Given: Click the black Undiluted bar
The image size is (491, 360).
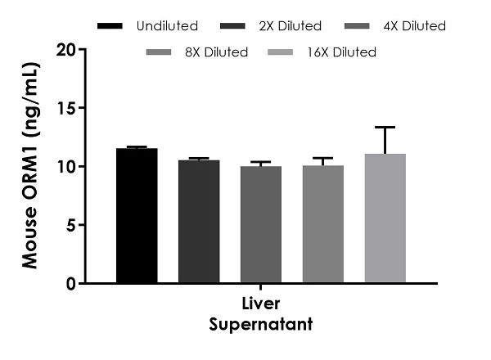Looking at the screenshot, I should [x=137, y=216].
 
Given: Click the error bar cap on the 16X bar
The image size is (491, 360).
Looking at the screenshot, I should [x=385, y=127].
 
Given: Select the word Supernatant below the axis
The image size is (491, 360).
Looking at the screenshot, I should [x=261, y=325].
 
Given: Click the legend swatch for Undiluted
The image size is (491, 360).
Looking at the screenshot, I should [x=110, y=26].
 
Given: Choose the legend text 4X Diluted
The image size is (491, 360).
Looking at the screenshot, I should [x=413, y=26].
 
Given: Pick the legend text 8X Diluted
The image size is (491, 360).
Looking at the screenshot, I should [x=216, y=52].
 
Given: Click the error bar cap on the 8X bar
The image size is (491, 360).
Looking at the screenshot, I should [x=323, y=158].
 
